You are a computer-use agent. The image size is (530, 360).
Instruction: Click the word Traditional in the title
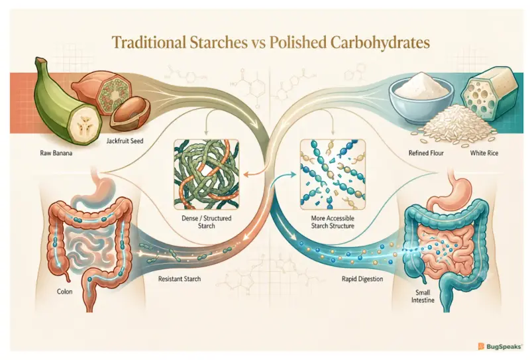tap(148, 43)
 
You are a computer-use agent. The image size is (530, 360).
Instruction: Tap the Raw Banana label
tap(56, 153)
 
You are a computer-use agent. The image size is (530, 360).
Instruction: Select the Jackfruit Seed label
tap(125, 141)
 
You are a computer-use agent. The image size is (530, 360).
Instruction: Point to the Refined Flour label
tap(426, 153)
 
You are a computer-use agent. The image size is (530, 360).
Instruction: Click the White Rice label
tap(484, 153)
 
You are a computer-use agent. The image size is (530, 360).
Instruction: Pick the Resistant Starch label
tap(180, 279)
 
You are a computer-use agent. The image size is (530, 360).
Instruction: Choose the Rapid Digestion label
tap(362, 279)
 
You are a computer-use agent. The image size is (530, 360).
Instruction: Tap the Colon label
tap(64, 292)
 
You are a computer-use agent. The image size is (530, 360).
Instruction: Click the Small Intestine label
tap(423, 296)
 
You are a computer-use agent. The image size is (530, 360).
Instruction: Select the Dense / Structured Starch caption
tap(207, 222)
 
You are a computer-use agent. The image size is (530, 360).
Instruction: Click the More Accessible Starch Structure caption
tap(333, 222)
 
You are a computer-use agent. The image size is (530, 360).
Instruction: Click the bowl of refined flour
tap(421, 95)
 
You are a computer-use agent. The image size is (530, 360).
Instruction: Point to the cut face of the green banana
tap(84, 126)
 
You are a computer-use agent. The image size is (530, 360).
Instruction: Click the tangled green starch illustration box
tap(206, 174)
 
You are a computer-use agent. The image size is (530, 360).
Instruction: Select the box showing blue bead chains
tap(333, 174)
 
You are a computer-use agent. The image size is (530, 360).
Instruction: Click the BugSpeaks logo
tap(500, 347)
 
